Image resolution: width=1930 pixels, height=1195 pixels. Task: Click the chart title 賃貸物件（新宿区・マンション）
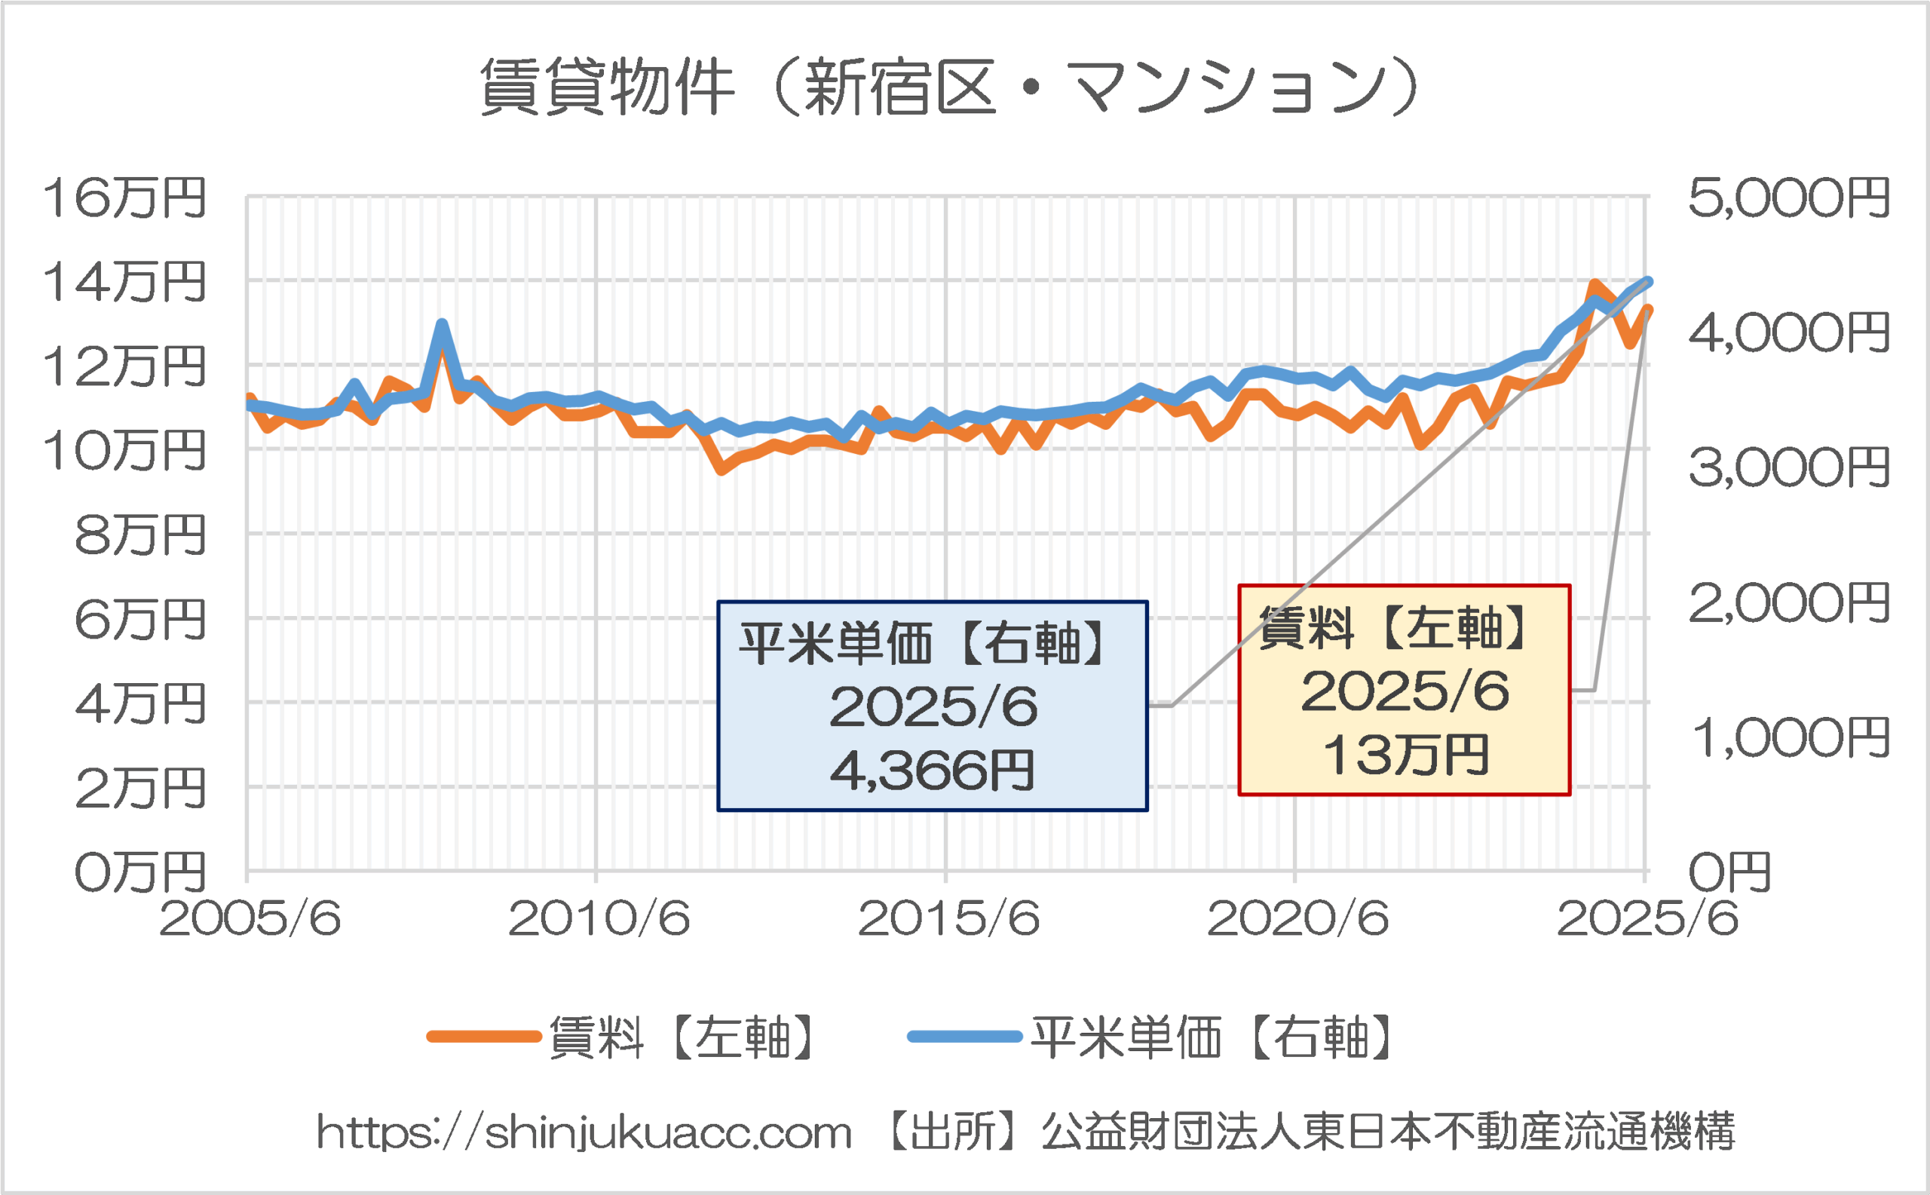(948, 87)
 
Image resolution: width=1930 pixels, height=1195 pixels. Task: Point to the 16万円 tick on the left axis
(124, 198)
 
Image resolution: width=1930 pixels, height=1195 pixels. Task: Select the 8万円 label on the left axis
(140, 535)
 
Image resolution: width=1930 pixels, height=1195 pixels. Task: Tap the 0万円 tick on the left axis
(140, 872)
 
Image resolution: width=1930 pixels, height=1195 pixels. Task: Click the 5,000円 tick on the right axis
(1788, 198)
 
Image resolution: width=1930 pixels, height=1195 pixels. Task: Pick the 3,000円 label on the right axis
(1788, 468)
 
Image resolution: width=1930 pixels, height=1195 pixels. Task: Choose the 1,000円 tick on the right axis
(1788, 738)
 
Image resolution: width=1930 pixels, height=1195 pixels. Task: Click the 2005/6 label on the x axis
(250, 918)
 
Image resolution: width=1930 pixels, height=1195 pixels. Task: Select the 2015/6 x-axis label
(948, 918)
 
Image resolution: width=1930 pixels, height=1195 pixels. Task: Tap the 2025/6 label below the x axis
(1647, 918)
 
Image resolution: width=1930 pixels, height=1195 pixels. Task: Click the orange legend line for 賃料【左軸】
(484, 1037)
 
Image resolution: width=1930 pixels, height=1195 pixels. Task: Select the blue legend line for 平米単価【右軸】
(964, 1037)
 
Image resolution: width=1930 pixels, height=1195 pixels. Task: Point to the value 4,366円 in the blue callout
(932, 771)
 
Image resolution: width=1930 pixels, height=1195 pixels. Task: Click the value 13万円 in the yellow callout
(1405, 755)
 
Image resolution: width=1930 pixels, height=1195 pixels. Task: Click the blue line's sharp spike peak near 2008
(442, 324)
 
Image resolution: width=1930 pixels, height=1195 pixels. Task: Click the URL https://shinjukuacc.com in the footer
(584, 1132)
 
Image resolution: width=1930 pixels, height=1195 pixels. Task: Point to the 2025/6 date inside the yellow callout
(1405, 691)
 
